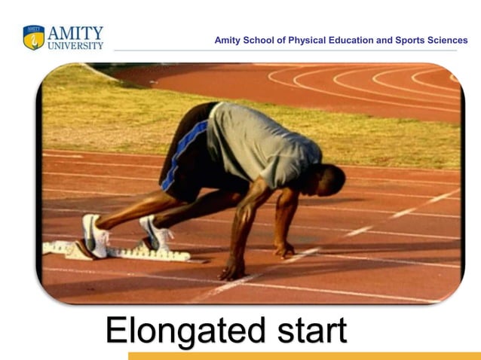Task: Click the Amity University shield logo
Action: pyautogui.click(x=33, y=37)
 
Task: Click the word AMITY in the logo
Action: pyautogui.click(x=75, y=32)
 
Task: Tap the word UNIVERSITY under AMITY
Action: pyautogui.click(x=75, y=45)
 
